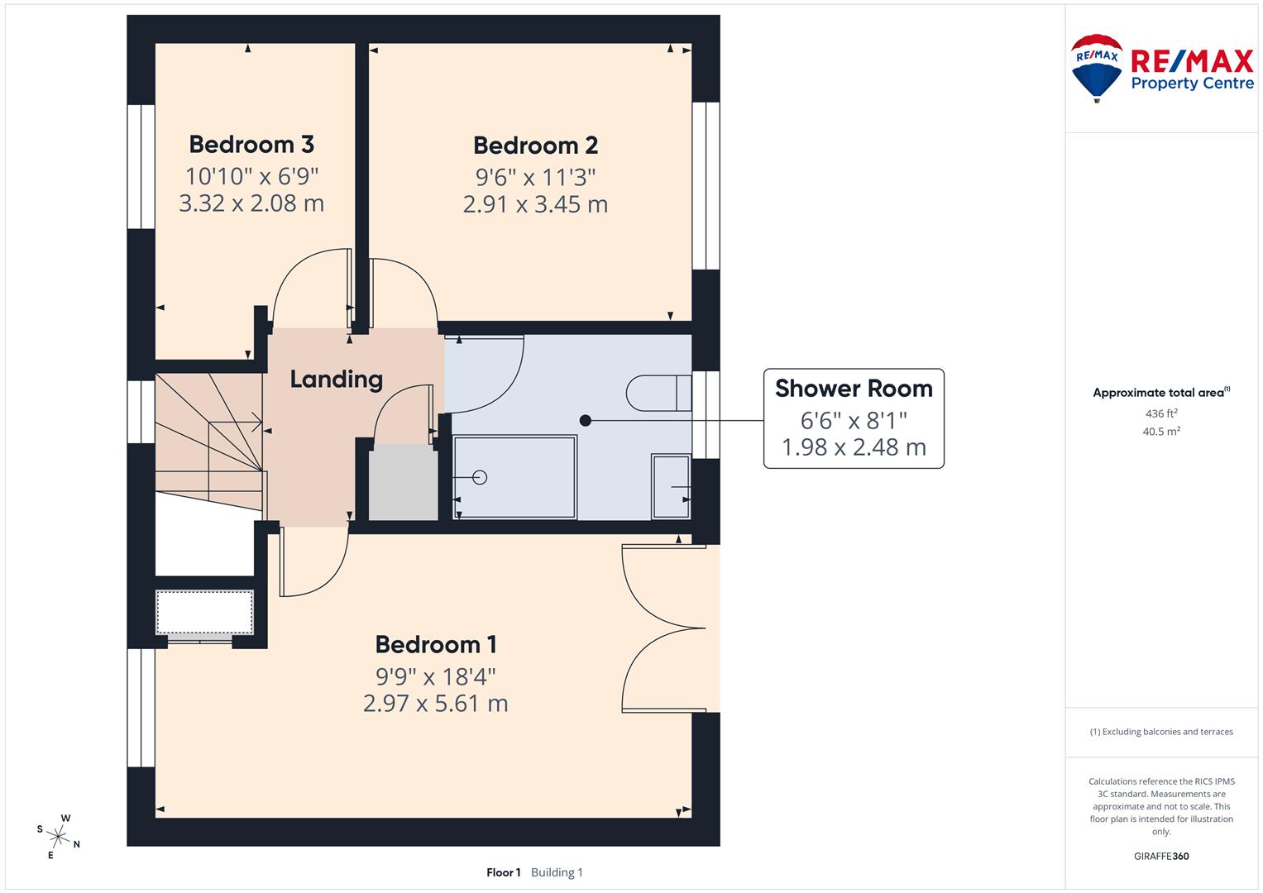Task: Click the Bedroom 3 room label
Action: (x=251, y=144)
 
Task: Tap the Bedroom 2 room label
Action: (x=535, y=146)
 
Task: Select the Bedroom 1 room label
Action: (x=435, y=644)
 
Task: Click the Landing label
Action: (x=336, y=380)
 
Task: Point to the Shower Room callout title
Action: (x=853, y=389)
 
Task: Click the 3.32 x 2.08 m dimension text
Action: (x=251, y=203)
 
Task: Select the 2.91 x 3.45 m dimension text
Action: (x=535, y=204)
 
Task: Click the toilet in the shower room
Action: (x=659, y=393)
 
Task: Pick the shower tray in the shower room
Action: (x=514, y=478)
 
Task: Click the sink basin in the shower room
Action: (x=671, y=487)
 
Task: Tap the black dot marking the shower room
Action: (x=586, y=421)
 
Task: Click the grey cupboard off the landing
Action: (x=403, y=483)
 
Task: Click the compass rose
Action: (x=59, y=836)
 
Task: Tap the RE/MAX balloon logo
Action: (x=1097, y=67)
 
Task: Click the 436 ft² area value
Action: (x=1160, y=413)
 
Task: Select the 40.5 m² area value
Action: (x=1160, y=432)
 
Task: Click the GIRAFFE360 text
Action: (x=1160, y=857)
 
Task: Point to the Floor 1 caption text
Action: (x=503, y=872)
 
